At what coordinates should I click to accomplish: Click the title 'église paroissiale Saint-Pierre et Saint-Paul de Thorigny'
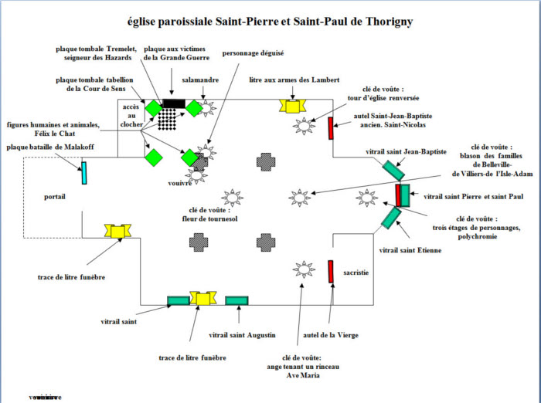(x=270, y=22)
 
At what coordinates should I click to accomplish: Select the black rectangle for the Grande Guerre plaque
(x=174, y=103)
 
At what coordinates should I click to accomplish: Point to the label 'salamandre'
(x=201, y=80)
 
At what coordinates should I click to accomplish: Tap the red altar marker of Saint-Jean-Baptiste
(x=330, y=128)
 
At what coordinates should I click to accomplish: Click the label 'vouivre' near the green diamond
(x=179, y=184)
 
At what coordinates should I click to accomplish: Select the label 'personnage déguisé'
(x=253, y=53)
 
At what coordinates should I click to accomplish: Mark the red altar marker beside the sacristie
(x=330, y=272)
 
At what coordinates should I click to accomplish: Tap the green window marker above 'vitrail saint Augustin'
(x=236, y=300)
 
